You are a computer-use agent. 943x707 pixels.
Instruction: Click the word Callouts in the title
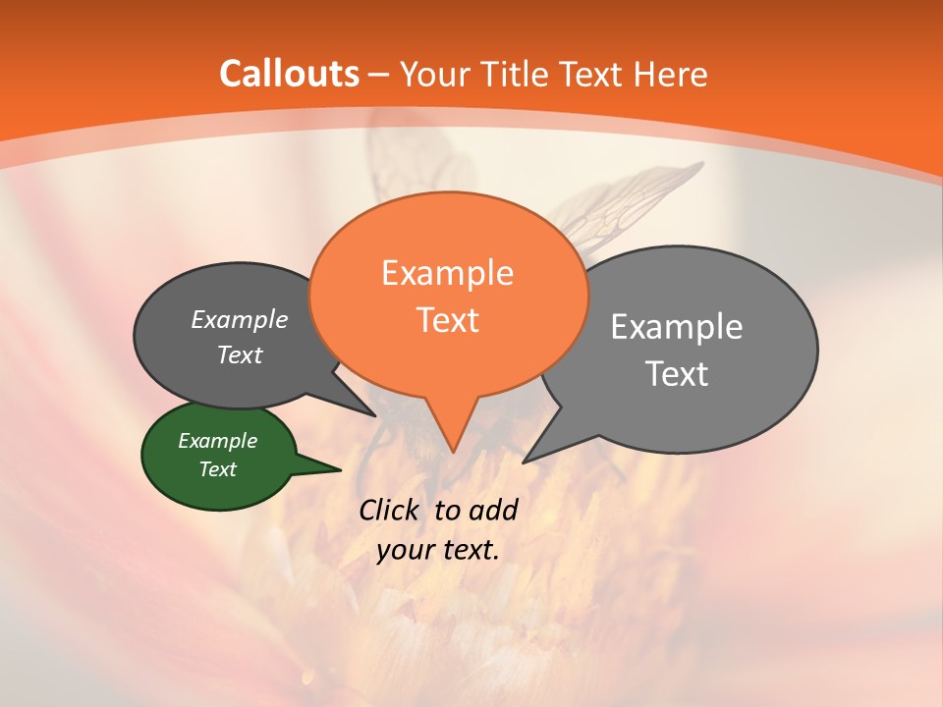pyautogui.click(x=289, y=74)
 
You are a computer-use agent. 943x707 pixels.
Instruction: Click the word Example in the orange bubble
pyautogui.click(x=447, y=273)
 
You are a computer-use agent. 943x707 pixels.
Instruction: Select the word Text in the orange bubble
pyautogui.click(x=447, y=320)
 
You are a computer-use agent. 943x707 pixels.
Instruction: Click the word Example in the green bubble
pyautogui.click(x=217, y=441)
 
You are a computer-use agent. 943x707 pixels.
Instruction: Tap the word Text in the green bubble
pyautogui.click(x=217, y=469)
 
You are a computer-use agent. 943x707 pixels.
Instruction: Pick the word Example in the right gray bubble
pyautogui.click(x=676, y=327)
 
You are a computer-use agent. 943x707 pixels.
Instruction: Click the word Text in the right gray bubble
pyautogui.click(x=676, y=374)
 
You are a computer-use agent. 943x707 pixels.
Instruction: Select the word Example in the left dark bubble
pyautogui.click(x=239, y=319)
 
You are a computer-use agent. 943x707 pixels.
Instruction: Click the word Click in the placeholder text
pyautogui.click(x=391, y=510)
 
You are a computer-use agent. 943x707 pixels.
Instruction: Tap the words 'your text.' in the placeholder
pyautogui.click(x=438, y=550)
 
